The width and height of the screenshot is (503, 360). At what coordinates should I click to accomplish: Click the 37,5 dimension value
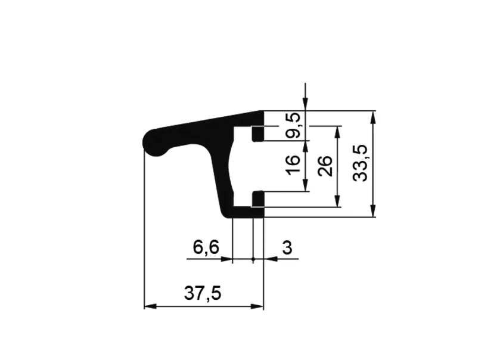click(203, 293)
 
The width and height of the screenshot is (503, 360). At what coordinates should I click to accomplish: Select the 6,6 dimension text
click(206, 247)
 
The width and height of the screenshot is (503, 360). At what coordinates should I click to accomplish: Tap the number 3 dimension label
click(287, 248)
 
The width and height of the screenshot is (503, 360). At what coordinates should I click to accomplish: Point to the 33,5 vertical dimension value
click(359, 163)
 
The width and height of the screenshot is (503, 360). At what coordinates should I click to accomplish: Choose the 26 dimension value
click(325, 166)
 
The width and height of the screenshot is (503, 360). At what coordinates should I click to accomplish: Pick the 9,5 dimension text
click(294, 125)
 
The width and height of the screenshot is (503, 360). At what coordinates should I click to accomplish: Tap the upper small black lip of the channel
click(257, 134)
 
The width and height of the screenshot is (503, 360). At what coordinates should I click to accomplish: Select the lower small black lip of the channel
click(257, 198)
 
